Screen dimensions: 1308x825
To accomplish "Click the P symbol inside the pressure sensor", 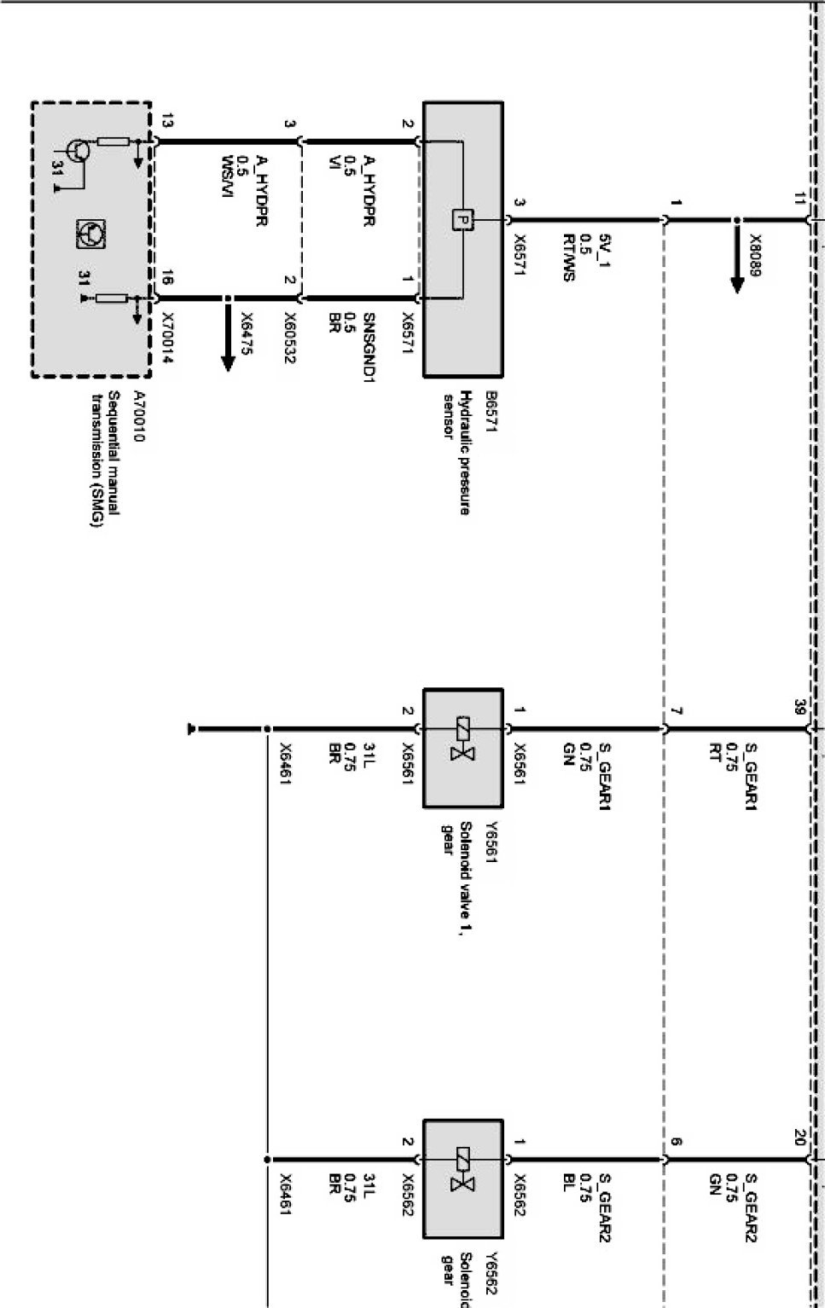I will tap(462, 220).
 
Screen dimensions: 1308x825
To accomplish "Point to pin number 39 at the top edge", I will tap(799, 706).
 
